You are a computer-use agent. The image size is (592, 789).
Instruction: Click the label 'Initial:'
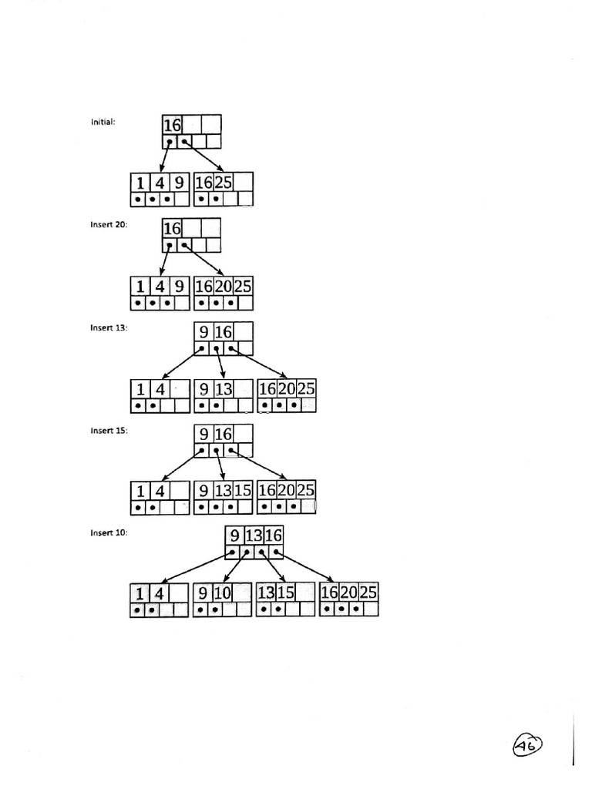pyautogui.click(x=103, y=121)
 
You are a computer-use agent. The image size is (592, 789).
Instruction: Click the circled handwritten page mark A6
pyautogui.click(x=526, y=745)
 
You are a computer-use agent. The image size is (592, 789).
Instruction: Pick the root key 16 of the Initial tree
pyautogui.click(x=172, y=125)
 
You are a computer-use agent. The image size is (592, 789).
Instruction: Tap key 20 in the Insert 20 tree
pyautogui.click(x=223, y=287)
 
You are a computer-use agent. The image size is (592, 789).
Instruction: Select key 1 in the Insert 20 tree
pyautogui.click(x=140, y=287)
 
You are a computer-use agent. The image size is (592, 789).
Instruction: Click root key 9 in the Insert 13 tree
pyautogui.click(x=203, y=333)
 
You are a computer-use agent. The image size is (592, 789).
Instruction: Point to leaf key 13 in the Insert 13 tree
pyautogui.click(x=223, y=389)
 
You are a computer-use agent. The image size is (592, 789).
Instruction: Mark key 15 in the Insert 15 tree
pyautogui.click(x=243, y=490)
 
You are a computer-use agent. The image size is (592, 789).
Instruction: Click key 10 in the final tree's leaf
pyautogui.click(x=222, y=593)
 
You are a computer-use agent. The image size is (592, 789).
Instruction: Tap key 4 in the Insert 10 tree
pyautogui.click(x=160, y=593)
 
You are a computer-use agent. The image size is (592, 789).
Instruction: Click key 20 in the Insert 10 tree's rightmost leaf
pyautogui.click(x=349, y=593)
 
